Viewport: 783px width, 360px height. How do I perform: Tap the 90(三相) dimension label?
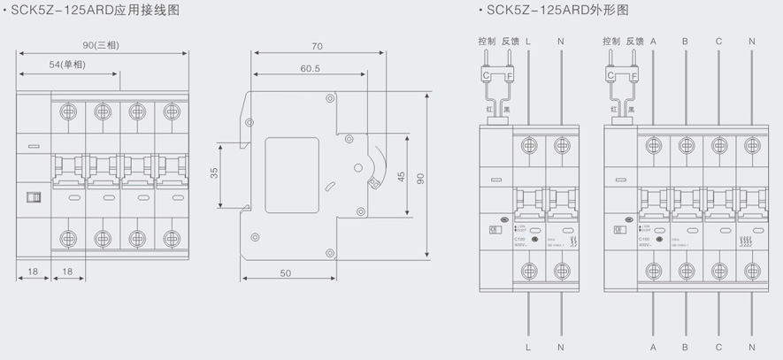point(101,45)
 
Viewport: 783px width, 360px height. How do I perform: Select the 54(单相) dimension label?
point(66,65)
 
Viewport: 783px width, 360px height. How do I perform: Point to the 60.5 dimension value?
point(310,68)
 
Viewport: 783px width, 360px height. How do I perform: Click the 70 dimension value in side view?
point(317,46)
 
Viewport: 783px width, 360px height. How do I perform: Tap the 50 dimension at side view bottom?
point(285,273)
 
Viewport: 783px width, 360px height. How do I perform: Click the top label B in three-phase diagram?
point(685,41)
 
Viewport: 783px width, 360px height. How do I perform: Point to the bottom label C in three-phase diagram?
point(718,346)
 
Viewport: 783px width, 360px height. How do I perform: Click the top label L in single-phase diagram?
point(528,41)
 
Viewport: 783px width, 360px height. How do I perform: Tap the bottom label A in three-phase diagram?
point(653,346)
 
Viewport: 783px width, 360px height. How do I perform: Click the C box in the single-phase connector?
point(487,77)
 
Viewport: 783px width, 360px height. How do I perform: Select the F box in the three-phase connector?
point(633,77)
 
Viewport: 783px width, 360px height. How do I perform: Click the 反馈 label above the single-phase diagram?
point(510,41)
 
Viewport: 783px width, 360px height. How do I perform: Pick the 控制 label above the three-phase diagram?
point(611,41)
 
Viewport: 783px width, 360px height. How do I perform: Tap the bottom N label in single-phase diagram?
point(561,346)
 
